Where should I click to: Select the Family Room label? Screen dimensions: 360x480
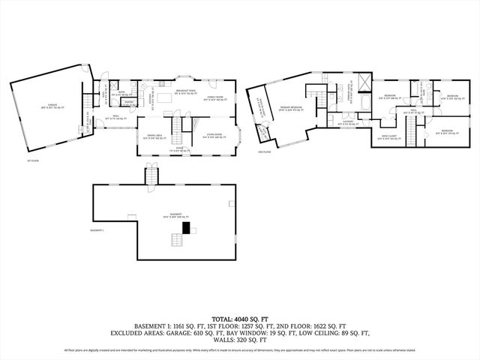pyautogui.click(x=215, y=97)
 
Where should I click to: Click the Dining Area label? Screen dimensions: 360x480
pyautogui.click(x=154, y=136)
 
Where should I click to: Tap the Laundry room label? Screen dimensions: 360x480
pyautogui.click(x=349, y=121)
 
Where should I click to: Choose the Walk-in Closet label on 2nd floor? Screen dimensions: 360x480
pyautogui.click(x=388, y=137)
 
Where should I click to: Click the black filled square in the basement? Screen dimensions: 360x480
pyautogui.click(x=177, y=238)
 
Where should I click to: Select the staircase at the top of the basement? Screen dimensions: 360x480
pyautogui.click(x=152, y=178)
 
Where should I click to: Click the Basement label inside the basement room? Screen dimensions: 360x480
pyautogui.click(x=175, y=215)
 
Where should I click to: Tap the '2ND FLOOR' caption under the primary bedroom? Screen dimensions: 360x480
pyautogui.click(x=264, y=152)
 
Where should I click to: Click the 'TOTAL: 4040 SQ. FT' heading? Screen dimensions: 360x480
pyautogui.click(x=240, y=318)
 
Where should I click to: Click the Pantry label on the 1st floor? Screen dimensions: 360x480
pyautogui.click(x=129, y=103)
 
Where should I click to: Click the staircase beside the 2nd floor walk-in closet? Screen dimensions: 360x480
pyautogui.click(x=410, y=136)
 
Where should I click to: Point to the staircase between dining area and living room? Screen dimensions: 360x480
pyautogui.click(x=178, y=135)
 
